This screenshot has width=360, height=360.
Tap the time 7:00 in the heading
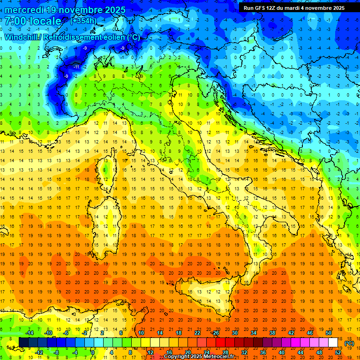[x=17, y=21]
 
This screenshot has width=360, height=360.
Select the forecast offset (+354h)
[x=84, y=21]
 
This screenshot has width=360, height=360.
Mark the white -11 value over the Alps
[x=76, y=67]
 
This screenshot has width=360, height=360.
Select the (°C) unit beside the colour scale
[x=349, y=344]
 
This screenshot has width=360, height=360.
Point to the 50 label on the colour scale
[x=328, y=332]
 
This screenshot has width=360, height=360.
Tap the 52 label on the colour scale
[x=338, y=352]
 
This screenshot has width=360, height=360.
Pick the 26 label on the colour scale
[x=216, y=332]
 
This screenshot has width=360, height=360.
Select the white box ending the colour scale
[x=333, y=343]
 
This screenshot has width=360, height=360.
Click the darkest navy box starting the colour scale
[x=23, y=343]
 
